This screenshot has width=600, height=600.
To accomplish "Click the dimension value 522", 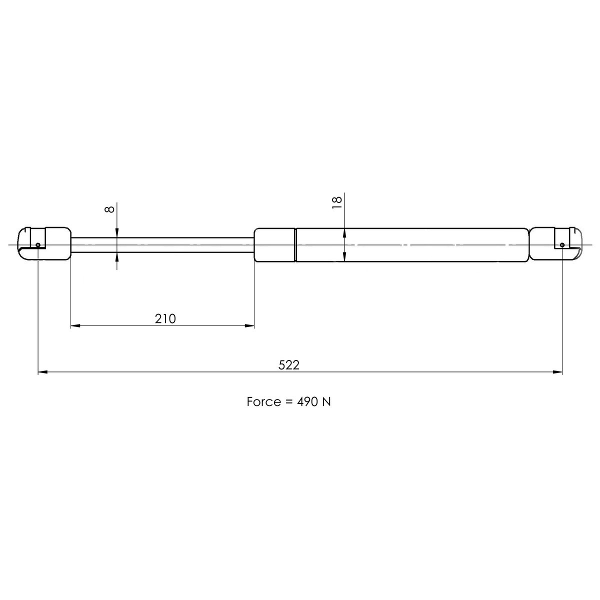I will (x=289, y=365).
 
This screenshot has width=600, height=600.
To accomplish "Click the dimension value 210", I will (x=165, y=318).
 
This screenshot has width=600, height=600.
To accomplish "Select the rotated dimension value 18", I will (x=337, y=201).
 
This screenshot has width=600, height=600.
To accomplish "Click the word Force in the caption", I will (x=263, y=402).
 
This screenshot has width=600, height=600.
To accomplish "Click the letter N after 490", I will (x=325, y=402).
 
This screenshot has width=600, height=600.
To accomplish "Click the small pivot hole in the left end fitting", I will (x=38, y=244).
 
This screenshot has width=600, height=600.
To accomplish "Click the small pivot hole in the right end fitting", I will (x=562, y=244).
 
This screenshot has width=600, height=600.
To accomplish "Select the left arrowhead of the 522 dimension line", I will (x=42, y=372).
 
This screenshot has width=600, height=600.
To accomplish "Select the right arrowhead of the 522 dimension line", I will (x=557, y=372).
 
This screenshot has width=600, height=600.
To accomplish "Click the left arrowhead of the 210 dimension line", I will (x=74, y=326).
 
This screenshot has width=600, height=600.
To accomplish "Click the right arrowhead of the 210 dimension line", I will (x=249, y=326).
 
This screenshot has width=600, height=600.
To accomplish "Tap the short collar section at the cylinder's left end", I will (x=274, y=244).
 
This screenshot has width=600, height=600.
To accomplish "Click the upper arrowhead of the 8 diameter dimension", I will (x=116, y=232).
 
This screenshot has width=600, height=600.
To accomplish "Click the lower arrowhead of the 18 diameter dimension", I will (x=345, y=256).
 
